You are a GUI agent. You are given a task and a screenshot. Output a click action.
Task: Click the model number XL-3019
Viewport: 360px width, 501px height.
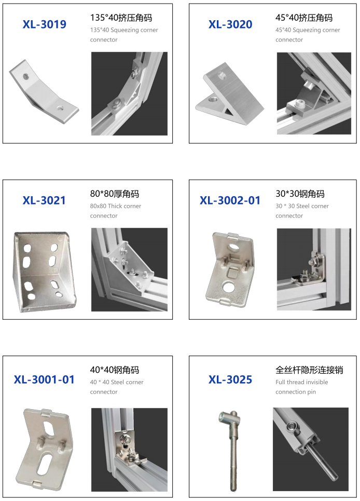pos(45,24)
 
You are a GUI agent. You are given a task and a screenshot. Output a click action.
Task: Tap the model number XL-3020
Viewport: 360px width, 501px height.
pos(230,24)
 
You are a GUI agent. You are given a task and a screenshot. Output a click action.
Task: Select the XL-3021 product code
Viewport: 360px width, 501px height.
pos(44,200)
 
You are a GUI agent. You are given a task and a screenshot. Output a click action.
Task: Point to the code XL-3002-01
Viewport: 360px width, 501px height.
pos(230,200)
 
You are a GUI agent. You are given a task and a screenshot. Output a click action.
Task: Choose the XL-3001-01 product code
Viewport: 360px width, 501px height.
pos(44,380)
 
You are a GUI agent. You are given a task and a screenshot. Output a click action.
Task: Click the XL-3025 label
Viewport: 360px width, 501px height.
pos(230,380)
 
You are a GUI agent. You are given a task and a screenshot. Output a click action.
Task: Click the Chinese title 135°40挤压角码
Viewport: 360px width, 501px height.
pos(121,18)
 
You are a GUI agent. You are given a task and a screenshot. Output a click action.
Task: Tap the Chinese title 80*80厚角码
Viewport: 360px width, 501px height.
pos(115,194)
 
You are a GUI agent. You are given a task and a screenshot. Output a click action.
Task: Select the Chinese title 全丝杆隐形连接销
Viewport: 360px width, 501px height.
pos(309,370)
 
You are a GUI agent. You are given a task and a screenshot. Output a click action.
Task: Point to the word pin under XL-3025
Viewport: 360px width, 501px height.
pos(311,392)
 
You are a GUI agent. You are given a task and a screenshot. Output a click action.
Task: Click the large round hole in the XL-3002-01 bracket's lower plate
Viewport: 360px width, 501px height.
pos(229,287)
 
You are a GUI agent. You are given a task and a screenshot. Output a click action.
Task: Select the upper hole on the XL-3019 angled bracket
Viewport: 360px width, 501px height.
pos(26,77)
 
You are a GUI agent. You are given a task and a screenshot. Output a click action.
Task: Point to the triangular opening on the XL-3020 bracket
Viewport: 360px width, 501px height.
pos(229,112)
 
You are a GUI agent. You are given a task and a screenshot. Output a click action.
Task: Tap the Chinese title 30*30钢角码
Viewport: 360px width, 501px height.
pos(300,194)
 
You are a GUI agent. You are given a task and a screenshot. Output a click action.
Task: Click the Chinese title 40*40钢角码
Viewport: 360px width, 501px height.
pos(115,370)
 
